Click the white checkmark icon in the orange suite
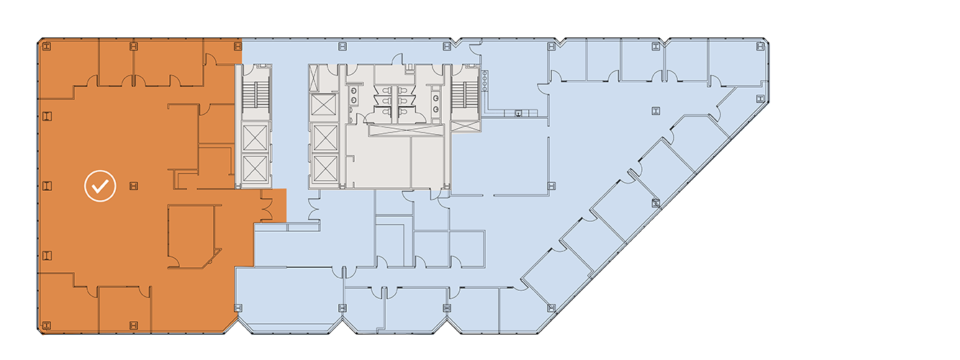[100, 186]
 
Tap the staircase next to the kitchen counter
[464, 92]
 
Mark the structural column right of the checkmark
[133, 186]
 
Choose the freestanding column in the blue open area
[655, 110]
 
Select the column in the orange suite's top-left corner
[47, 47]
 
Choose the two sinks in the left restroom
[352, 97]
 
